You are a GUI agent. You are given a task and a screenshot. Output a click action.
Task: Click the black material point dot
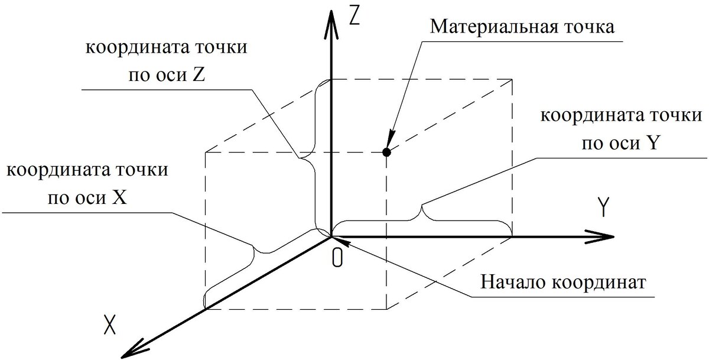click(x=386, y=153)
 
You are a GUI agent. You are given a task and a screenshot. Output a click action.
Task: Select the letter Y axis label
click(x=603, y=207)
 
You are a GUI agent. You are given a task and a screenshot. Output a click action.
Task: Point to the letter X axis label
click(x=109, y=325)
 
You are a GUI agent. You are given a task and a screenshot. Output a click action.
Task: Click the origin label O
click(x=337, y=258)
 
